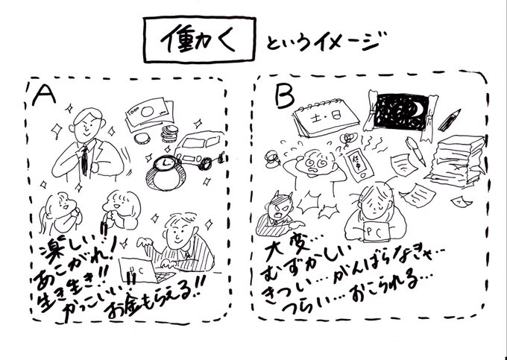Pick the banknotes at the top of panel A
(147, 113)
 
